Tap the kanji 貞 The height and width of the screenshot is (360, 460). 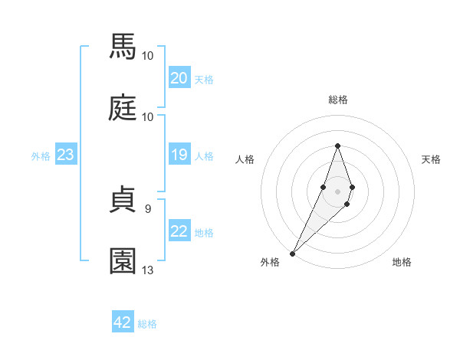click(x=123, y=199)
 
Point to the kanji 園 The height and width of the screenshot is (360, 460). click(x=123, y=260)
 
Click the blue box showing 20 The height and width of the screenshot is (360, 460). click(x=179, y=78)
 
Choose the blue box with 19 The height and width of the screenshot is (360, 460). click(x=179, y=155)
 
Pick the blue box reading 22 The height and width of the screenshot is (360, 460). click(x=179, y=232)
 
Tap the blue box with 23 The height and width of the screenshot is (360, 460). click(x=65, y=155)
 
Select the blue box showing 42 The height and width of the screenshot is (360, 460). click(x=122, y=322)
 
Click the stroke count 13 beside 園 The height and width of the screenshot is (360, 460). click(x=148, y=270)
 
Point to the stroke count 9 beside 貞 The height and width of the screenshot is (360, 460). click(x=148, y=208)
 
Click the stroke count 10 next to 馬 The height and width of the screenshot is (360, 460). click(x=148, y=56)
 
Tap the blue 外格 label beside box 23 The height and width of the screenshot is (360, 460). click(x=41, y=156)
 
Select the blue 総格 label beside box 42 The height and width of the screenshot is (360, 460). click(x=147, y=324)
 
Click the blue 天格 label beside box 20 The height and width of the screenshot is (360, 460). click(x=204, y=80)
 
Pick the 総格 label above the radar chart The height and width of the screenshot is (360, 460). click(x=337, y=100)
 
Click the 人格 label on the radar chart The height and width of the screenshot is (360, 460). click(x=245, y=159)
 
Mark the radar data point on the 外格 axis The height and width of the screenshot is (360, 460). click(x=292, y=253)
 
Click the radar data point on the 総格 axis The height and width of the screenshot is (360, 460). click(x=337, y=146)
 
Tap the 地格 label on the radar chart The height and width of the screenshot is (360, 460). click(x=402, y=262)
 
